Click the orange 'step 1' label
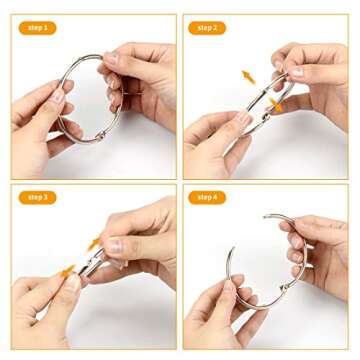[37, 28]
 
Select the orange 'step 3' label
[37, 197]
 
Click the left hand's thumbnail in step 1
[58, 97]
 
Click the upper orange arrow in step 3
[94, 243]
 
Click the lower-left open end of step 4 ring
[231, 251]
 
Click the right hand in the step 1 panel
[140, 80]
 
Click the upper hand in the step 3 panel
[140, 240]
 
